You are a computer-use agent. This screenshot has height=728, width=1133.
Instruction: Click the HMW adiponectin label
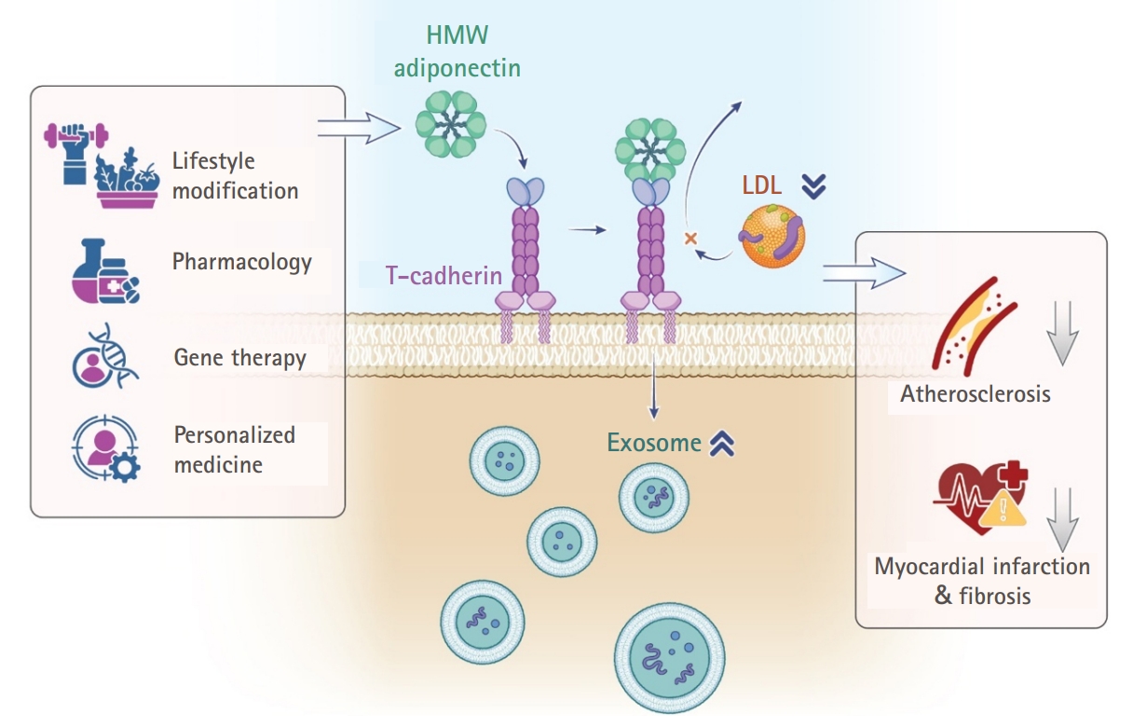(x=457, y=51)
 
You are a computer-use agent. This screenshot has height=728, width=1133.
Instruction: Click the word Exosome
(x=654, y=443)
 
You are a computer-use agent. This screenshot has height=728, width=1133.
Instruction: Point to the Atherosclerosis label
(x=975, y=393)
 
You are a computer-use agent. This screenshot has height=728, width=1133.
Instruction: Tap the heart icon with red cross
(x=981, y=494)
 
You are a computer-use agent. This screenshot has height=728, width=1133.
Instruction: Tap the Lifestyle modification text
(x=235, y=176)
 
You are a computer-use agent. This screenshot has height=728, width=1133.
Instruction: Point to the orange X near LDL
(x=690, y=239)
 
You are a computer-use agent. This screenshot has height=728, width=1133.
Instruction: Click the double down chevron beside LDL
(x=813, y=186)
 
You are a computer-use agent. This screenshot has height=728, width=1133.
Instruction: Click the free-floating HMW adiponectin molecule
(x=450, y=123)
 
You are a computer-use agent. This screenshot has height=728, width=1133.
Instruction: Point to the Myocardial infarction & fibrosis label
(x=982, y=580)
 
